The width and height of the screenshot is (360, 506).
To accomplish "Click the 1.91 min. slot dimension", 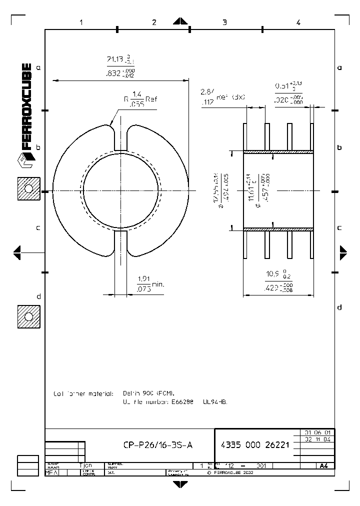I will pos(149,284).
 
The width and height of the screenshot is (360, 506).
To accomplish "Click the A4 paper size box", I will pos(324,465).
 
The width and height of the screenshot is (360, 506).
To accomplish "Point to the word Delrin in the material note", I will pos(133,393).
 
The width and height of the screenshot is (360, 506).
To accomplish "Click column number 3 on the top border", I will pos(224,22).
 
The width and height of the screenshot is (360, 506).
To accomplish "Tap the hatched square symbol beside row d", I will pos(28,316).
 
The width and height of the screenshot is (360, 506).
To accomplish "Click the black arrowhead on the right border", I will pos(343,252).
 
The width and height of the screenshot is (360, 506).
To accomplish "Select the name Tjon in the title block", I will pos(86,465).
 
